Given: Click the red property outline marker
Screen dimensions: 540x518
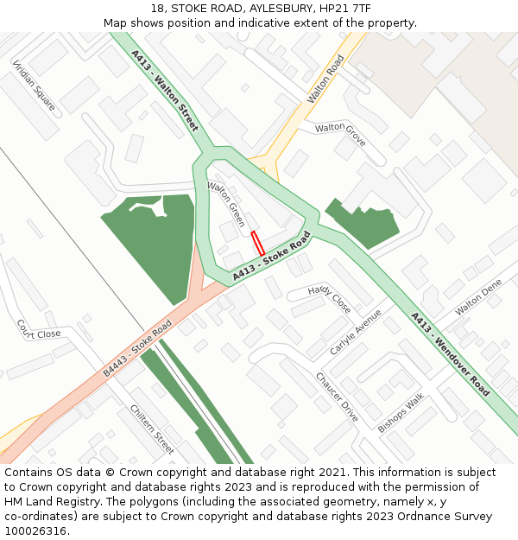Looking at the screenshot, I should pyautogui.click(x=257, y=243).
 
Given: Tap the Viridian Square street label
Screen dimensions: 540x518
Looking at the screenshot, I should pyautogui.click(x=35, y=86).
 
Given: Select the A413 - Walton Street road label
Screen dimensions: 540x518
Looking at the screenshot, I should pyautogui.click(x=164, y=90).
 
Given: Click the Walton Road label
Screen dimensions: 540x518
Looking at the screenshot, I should pyautogui.click(x=325, y=79).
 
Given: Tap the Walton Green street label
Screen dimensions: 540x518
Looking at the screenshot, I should pyautogui.click(x=226, y=204).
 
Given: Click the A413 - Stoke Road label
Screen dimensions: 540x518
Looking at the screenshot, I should pyautogui.click(x=271, y=257).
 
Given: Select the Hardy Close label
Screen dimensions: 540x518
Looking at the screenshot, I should pyautogui.click(x=329, y=298).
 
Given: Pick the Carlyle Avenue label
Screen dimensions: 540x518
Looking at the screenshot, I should pyautogui.click(x=355, y=332).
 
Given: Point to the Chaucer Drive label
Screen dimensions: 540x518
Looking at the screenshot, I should pyautogui.click(x=337, y=397).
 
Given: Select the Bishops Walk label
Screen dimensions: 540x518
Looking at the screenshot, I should pyautogui.click(x=401, y=413).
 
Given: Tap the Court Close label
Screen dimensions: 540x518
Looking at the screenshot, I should pyautogui.click(x=39, y=328).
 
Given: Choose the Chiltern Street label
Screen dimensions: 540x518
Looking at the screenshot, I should pyautogui.click(x=152, y=429).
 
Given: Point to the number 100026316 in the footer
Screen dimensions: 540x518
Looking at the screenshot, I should pyautogui.click(x=35, y=530).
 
